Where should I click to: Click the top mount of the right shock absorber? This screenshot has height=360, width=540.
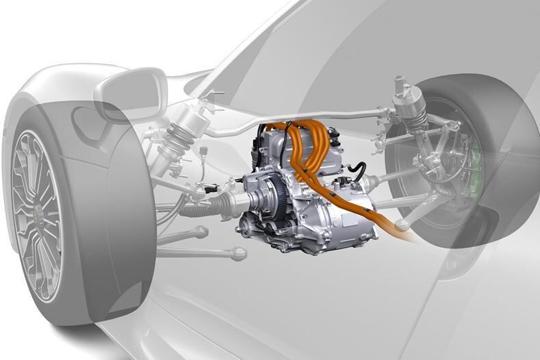click(403, 89)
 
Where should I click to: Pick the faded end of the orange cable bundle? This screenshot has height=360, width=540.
click(410, 237)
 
